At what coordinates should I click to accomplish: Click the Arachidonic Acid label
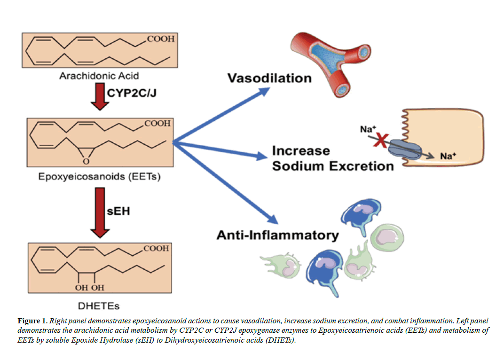coord(99,75)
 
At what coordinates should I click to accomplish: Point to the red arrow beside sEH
coord(100,212)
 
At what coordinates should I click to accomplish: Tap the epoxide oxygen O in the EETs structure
coord(86,161)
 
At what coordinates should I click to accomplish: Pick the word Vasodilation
coord(269,78)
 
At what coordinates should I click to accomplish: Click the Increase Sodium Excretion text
coord(332,158)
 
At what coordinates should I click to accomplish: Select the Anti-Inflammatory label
coord(277,235)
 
